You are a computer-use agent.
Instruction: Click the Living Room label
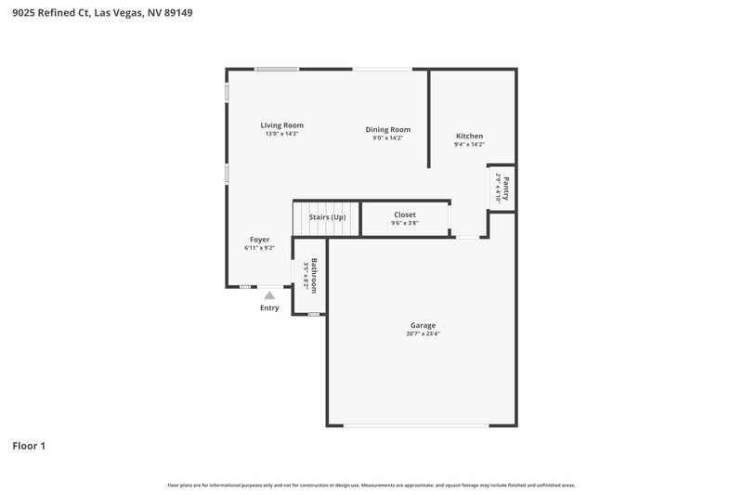(x=281, y=125)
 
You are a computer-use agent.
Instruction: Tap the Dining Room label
(x=387, y=130)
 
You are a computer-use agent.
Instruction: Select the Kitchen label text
(x=469, y=136)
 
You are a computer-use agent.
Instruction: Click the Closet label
(x=405, y=215)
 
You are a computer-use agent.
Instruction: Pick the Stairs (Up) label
(x=327, y=217)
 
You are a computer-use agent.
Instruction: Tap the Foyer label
(x=259, y=240)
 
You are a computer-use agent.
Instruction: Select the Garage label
(x=423, y=325)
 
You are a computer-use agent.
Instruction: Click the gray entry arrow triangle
(x=269, y=294)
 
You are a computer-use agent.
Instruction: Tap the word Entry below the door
(x=269, y=308)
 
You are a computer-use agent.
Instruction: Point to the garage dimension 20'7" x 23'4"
(x=423, y=333)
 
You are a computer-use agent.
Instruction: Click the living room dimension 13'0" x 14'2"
(x=281, y=134)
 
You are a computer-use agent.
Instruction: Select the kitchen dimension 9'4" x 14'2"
(x=469, y=144)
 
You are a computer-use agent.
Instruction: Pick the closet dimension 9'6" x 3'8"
(x=405, y=223)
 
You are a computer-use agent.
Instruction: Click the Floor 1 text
(x=29, y=446)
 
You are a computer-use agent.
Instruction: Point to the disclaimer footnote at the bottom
(x=371, y=485)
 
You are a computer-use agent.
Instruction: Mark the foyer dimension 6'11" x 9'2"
(x=259, y=248)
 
